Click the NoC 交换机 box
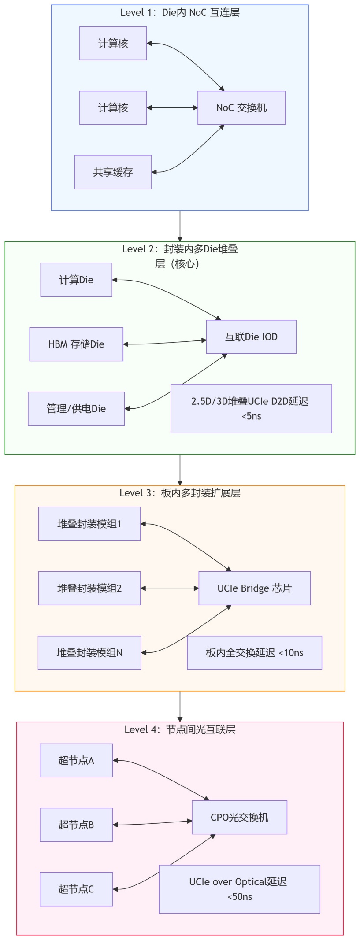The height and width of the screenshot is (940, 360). (241, 108)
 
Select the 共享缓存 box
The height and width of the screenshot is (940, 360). (113, 172)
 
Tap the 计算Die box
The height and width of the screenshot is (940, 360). (76, 280)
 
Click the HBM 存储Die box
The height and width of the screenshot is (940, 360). (76, 344)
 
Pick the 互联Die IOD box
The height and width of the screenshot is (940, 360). (251, 337)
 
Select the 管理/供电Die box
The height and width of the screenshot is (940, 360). (76, 409)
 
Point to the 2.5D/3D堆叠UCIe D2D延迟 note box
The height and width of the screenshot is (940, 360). (251, 409)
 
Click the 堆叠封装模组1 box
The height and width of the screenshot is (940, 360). (89, 524)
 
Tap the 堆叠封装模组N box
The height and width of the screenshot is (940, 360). (89, 653)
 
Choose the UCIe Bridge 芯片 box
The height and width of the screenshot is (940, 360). (254, 588)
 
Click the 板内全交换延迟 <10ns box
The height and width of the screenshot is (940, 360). (254, 653)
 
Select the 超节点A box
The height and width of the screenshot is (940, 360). (76, 761)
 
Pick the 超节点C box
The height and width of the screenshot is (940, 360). (76, 889)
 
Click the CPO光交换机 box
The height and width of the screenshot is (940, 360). (239, 818)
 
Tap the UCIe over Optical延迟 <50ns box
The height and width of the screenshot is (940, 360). (239, 889)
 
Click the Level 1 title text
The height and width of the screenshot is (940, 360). (180, 12)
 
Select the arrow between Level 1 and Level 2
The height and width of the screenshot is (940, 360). (180, 226)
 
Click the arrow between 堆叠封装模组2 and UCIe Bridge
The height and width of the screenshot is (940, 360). (170, 588)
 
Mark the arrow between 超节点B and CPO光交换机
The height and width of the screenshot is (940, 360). (152, 823)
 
